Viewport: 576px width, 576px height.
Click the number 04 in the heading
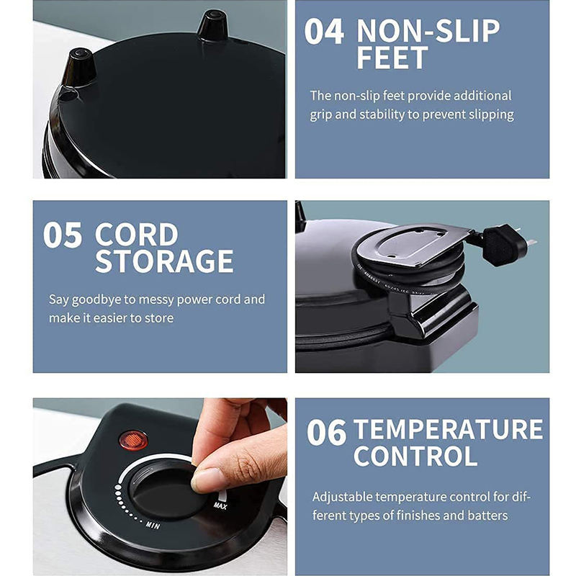(x=324, y=32)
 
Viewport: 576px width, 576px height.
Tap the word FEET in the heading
(x=392, y=58)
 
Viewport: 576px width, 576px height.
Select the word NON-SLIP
(x=428, y=31)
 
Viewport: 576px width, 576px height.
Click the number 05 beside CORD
(x=63, y=235)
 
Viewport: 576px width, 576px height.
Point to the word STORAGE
(x=164, y=261)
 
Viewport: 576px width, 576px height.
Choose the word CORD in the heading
(x=136, y=235)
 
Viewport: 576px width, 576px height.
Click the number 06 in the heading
(x=327, y=433)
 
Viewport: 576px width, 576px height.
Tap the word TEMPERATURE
(x=448, y=429)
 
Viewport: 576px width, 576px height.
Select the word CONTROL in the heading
(x=415, y=456)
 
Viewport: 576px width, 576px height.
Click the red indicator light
(x=133, y=440)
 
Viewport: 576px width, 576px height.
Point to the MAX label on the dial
(x=220, y=506)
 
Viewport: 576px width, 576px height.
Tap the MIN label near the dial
(x=153, y=526)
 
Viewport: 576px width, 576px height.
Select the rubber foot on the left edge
(x=79, y=67)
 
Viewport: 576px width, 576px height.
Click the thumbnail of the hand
(x=206, y=479)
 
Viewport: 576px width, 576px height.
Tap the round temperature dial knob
(x=167, y=490)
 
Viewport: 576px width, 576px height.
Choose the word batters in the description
(x=487, y=516)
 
